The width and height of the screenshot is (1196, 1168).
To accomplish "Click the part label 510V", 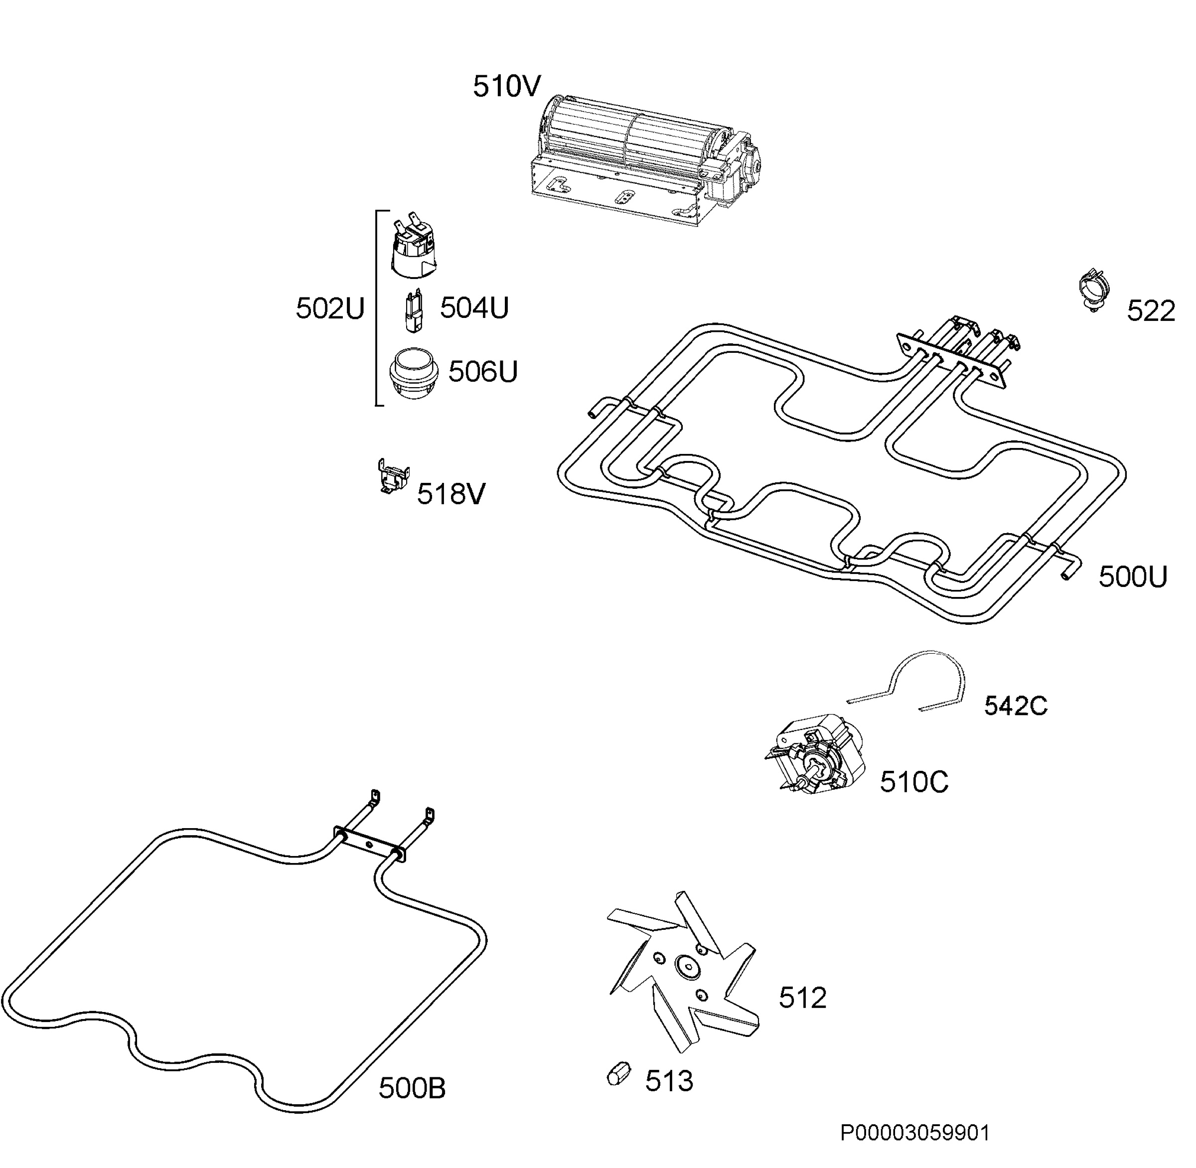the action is [x=506, y=87].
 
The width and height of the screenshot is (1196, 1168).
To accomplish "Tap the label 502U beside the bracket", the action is [x=330, y=308].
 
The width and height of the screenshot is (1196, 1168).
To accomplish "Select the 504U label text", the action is [x=474, y=307].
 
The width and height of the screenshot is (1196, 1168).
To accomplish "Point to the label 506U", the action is [x=483, y=371].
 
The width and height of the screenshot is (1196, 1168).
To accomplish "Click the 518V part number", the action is [x=451, y=494].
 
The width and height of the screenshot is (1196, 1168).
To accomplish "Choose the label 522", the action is [x=1151, y=311].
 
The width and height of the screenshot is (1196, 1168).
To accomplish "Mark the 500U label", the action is [x=1133, y=577].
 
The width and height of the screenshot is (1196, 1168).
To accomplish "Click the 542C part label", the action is [x=1016, y=706].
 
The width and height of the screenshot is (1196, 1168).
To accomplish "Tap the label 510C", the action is [x=914, y=782].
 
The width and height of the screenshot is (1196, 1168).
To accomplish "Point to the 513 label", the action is [x=669, y=1081].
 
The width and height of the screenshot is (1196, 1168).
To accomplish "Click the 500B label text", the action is [x=412, y=1088].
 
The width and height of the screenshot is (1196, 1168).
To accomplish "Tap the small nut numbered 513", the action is [x=618, y=1072].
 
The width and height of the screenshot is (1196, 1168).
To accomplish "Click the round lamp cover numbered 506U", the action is [x=415, y=372].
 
